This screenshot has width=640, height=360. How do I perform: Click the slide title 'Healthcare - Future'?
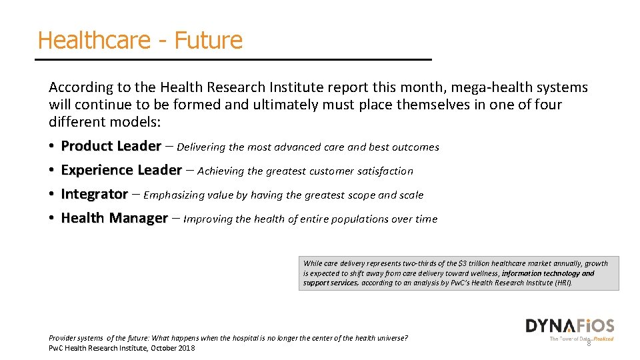point(140,40)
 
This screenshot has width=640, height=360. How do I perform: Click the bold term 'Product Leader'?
point(111,146)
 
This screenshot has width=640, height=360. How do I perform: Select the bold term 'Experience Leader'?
point(121,170)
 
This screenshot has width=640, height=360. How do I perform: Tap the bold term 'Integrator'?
point(94,194)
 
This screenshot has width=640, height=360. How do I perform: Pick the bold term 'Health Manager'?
point(114,218)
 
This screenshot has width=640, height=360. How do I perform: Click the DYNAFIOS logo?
point(569,326)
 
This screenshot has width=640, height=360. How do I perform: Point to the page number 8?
point(589,343)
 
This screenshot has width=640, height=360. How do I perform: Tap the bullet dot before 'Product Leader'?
point(51,147)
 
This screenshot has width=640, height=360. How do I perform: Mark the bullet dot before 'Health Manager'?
point(51,219)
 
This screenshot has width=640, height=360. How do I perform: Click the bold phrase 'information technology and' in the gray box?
point(547,273)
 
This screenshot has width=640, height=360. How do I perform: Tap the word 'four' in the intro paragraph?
point(547,105)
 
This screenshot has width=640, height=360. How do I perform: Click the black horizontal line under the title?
point(233,60)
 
